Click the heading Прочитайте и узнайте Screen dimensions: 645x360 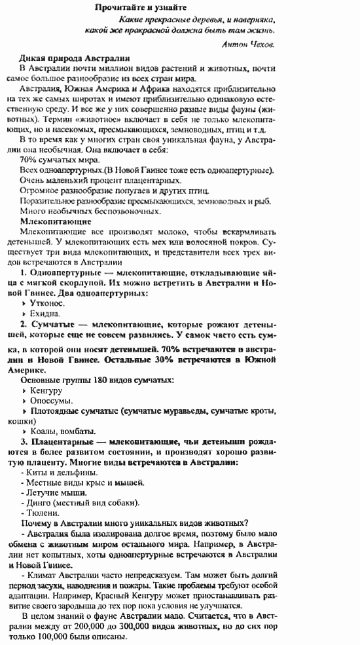point(140,7)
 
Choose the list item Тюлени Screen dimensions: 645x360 point(45,513)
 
